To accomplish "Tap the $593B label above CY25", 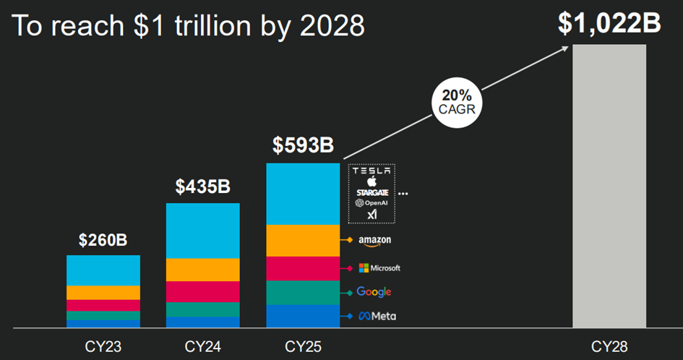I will tap(303, 145).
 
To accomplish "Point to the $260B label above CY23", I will tap(103, 239).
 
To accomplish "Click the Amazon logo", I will tap(374, 240).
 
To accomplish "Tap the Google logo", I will tap(374, 292).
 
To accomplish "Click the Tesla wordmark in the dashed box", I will tap(373, 171).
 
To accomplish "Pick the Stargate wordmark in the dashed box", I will tap(373, 193).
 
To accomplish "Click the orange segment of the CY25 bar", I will tap(303, 241).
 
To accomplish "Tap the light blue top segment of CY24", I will tap(203, 231).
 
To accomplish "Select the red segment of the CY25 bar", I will tap(303, 268).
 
